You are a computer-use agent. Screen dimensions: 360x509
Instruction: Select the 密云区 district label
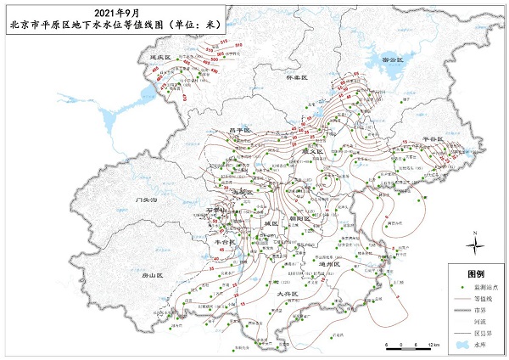click(395, 62)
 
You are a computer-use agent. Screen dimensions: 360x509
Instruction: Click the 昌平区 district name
click(242, 130)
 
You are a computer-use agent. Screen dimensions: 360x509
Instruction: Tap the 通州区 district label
click(328, 264)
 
